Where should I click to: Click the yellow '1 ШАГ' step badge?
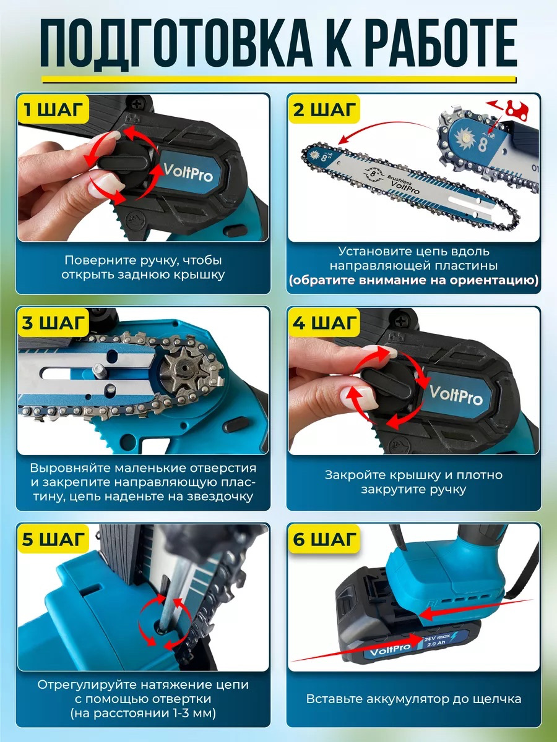point(53,109)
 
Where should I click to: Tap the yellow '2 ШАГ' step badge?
point(324,109)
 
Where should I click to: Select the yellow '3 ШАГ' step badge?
point(53,323)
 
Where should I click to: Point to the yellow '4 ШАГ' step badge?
point(324,323)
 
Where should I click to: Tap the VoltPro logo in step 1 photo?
point(188,173)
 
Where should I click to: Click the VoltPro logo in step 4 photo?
point(456,395)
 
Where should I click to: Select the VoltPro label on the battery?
point(390,650)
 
